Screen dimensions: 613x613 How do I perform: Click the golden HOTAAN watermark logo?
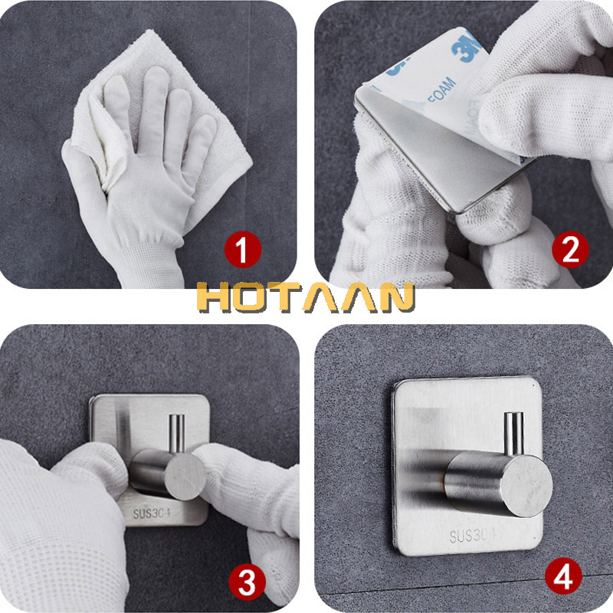pyautogui.click(x=305, y=299)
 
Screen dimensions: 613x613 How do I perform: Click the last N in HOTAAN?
pyautogui.click(x=392, y=299)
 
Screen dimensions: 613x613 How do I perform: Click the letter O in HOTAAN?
pyautogui.click(x=252, y=299)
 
